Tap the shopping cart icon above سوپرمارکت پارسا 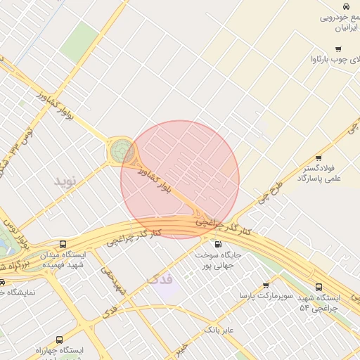[x=266, y=285]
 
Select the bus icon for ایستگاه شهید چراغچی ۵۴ [x=319, y=287]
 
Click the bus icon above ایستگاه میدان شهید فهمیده [x=63, y=244]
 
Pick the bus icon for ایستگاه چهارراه [x=59, y=339]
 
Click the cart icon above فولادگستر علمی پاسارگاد [x=319, y=158]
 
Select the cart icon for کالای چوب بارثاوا [x=338, y=49]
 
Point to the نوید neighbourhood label [x=64, y=181]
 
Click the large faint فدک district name [x=160, y=280]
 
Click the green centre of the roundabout [x=120, y=151]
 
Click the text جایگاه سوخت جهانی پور [x=218, y=261]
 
